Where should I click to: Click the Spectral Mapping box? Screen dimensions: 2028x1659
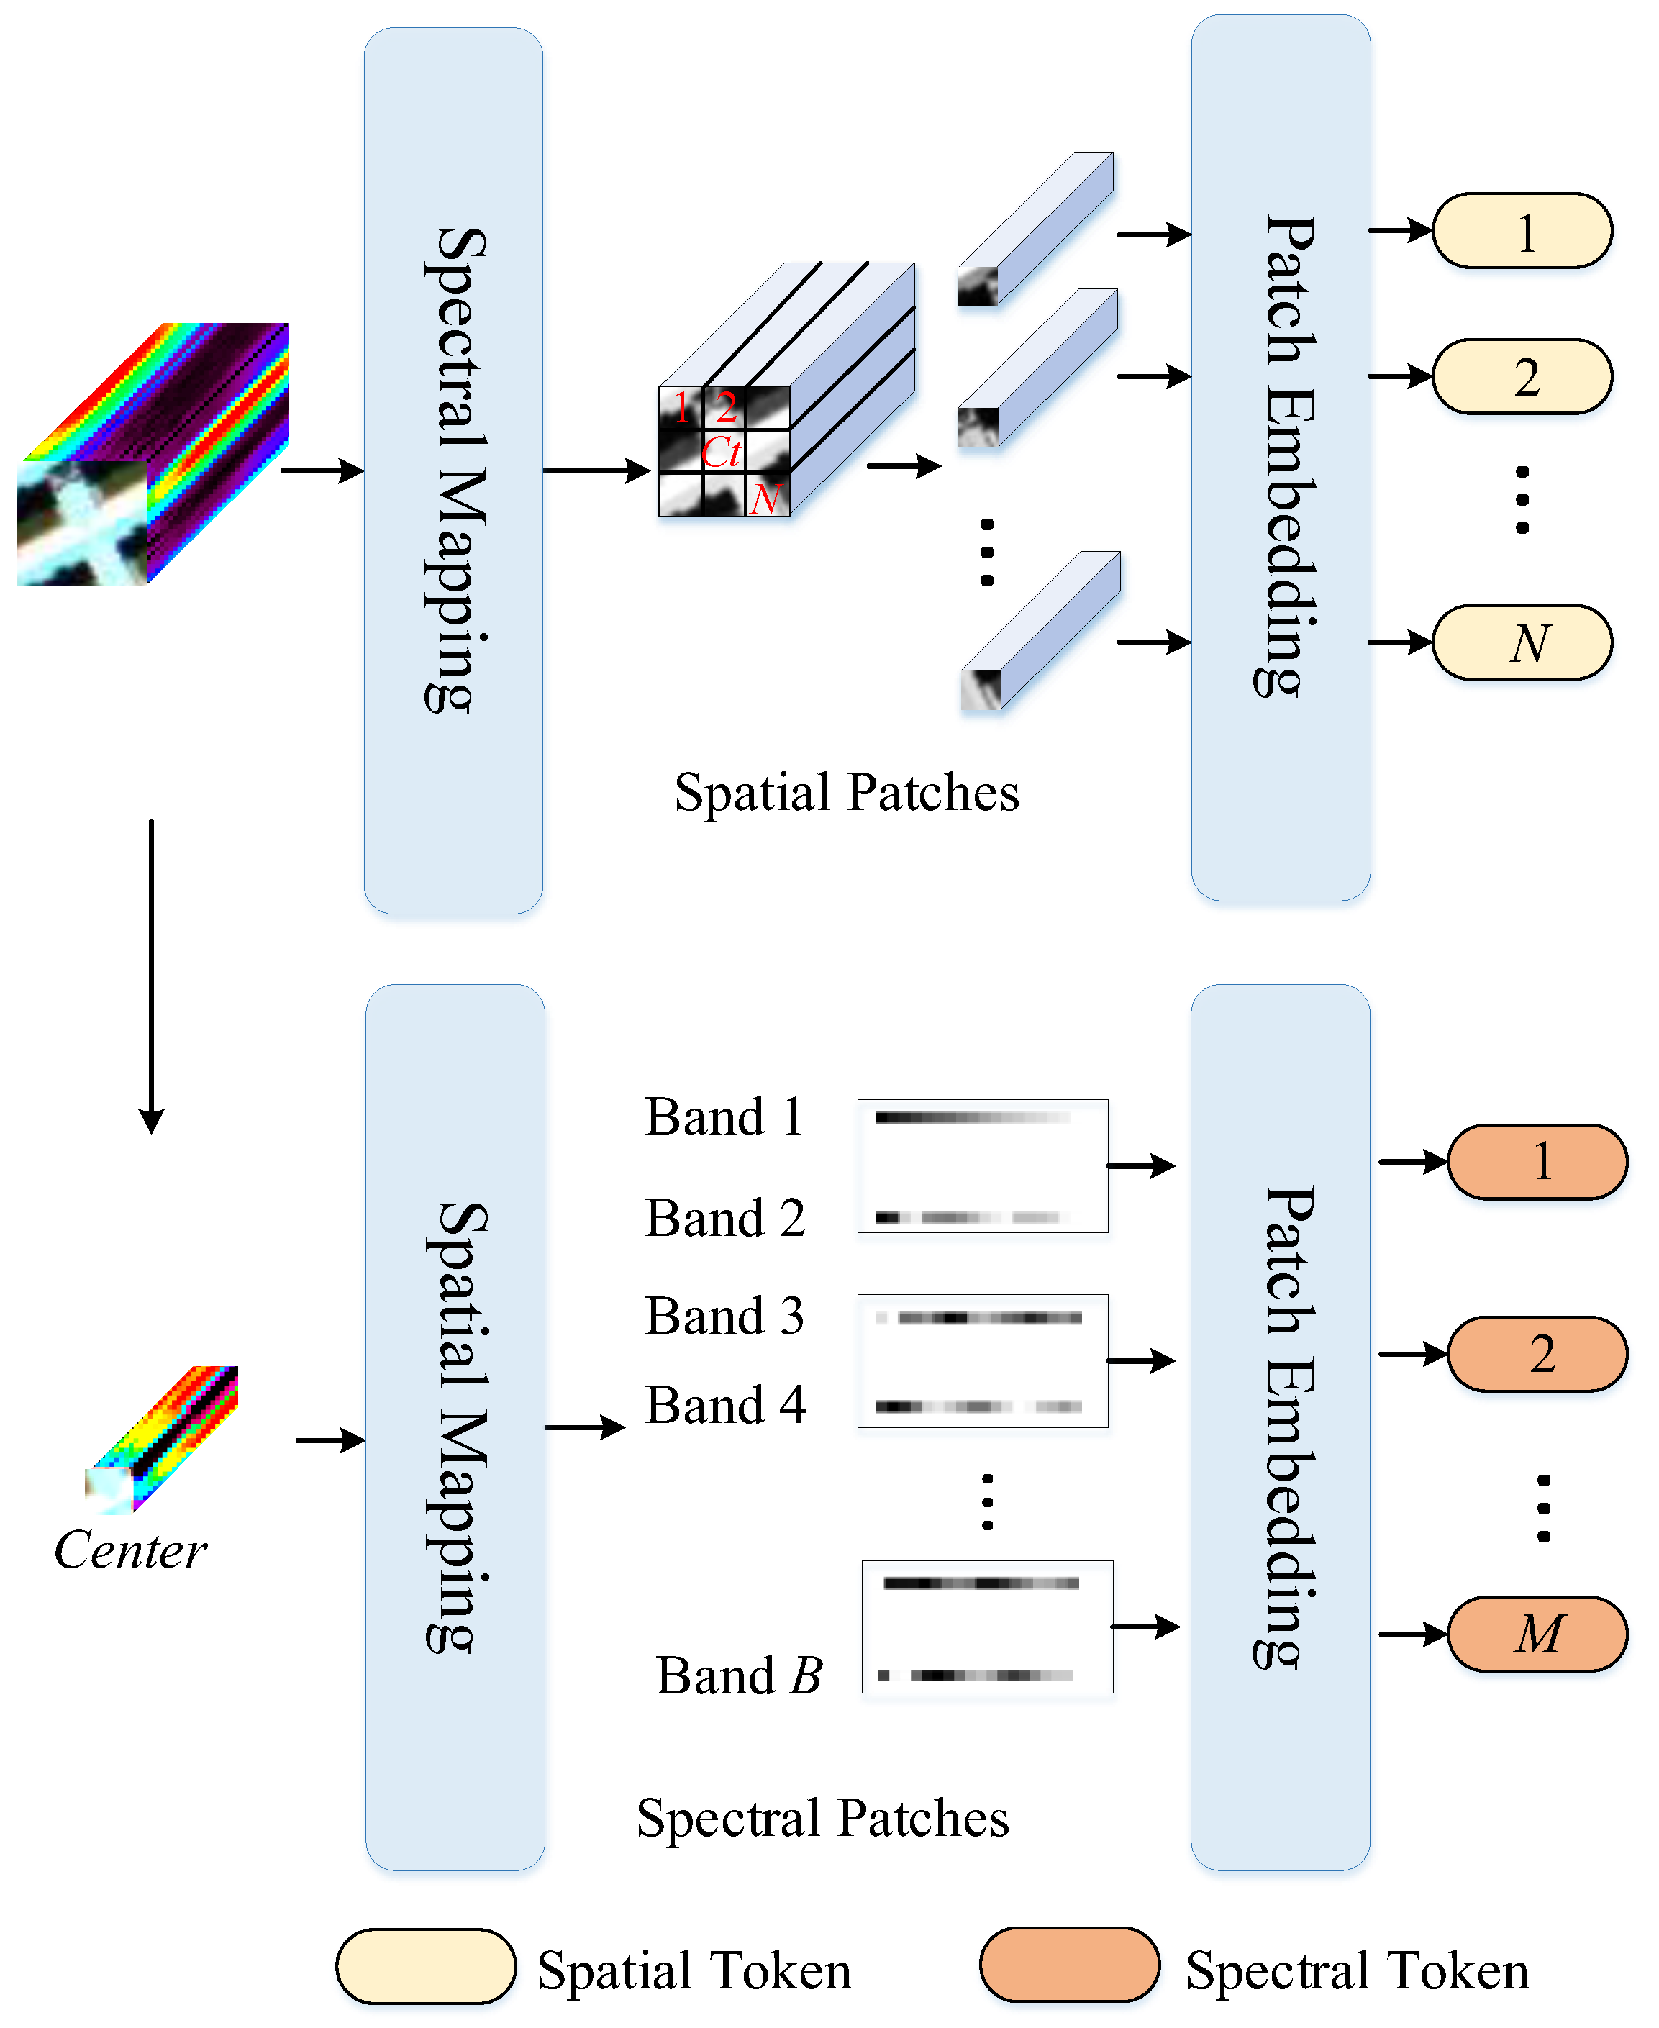point(453,470)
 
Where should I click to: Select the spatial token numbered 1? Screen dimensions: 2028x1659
point(1522,231)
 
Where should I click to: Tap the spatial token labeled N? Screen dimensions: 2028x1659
point(1522,642)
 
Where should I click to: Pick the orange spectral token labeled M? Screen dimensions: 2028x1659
point(1537,1633)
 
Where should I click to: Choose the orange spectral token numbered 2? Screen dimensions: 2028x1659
point(1537,1353)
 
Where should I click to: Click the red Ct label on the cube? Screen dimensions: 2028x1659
point(722,452)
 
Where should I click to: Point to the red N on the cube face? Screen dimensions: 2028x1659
point(765,498)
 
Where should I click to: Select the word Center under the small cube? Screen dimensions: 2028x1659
point(130,1550)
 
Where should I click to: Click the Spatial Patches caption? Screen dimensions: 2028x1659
point(847,792)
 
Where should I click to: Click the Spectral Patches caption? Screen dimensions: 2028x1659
point(823,1818)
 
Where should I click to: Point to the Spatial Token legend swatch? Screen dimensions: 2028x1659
point(425,1966)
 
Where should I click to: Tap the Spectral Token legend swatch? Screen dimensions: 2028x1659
point(1068,1964)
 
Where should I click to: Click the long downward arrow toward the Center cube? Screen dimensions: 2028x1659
point(151,975)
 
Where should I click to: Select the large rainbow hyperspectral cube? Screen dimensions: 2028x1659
point(153,455)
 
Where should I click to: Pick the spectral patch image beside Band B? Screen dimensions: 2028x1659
point(987,1627)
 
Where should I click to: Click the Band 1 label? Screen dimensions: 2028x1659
point(724,1117)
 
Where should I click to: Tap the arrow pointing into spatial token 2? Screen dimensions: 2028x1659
point(1400,376)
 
